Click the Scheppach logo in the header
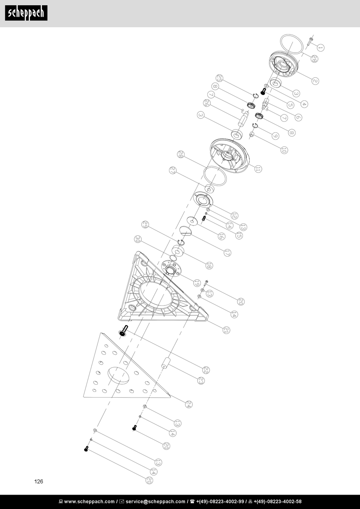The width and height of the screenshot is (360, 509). (x=26, y=13)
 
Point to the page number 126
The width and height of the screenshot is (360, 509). (x=39, y=482)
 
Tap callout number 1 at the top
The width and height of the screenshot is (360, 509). (x=320, y=48)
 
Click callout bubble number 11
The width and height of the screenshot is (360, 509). (x=259, y=169)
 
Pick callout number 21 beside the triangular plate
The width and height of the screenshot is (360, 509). (x=226, y=330)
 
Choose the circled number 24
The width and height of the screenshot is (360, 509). (x=188, y=404)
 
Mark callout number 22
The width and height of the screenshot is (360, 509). (x=206, y=370)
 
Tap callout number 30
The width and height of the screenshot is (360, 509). (x=138, y=239)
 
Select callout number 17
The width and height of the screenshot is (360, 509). (x=227, y=252)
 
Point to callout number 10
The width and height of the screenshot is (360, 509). (x=284, y=150)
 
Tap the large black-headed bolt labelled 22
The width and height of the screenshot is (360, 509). (x=124, y=330)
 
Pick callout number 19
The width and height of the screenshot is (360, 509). (x=197, y=283)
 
